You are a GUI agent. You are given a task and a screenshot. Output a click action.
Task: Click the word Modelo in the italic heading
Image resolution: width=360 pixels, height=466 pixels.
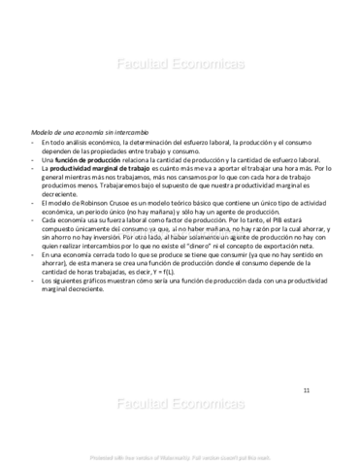44,132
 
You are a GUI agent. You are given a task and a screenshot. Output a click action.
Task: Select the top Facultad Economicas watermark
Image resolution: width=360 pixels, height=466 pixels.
180,65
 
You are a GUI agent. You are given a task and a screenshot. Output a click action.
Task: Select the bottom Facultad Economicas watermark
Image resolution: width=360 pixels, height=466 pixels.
180,404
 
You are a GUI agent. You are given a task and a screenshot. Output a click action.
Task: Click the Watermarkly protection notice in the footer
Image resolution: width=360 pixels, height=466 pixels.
180,456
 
